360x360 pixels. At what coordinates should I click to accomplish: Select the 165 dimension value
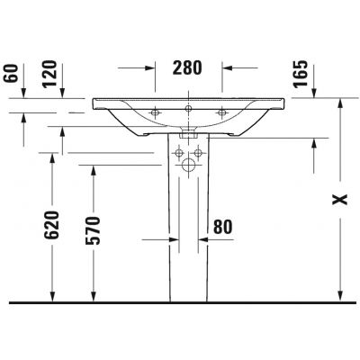point(301,72)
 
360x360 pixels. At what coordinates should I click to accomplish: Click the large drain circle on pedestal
point(189,166)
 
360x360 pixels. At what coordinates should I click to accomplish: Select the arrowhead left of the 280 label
point(152,68)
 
